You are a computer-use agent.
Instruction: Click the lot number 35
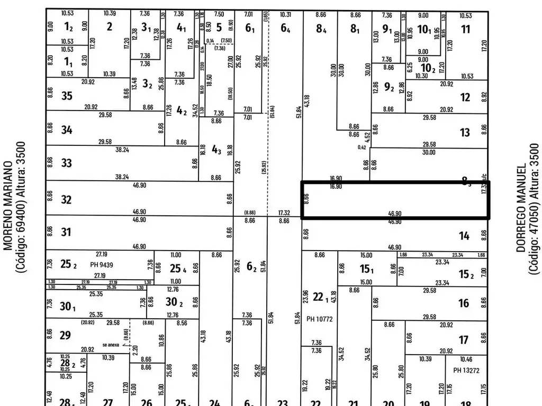[67, 96]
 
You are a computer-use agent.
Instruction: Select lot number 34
[67, 130]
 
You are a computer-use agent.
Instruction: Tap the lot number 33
[66, 163]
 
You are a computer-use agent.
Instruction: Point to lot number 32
[66, 200]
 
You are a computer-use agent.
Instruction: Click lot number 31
[66, 232]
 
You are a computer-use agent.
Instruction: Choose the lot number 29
[66, 335]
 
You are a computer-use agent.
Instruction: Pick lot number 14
[464, 236]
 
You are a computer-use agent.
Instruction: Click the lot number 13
[465, 133]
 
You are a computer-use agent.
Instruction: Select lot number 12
[465, 97]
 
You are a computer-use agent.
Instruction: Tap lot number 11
[465, 30]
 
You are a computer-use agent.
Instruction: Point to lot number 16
[464, 303]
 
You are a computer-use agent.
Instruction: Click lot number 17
[464, 340]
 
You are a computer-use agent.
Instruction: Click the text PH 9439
[102, 265]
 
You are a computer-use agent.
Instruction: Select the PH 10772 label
[319, 319]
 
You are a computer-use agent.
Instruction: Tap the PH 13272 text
[466, 371]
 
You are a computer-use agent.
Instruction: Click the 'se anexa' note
[112, 345]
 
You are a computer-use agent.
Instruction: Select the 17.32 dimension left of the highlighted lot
[284, 213]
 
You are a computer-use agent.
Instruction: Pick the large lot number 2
[109, 27]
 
